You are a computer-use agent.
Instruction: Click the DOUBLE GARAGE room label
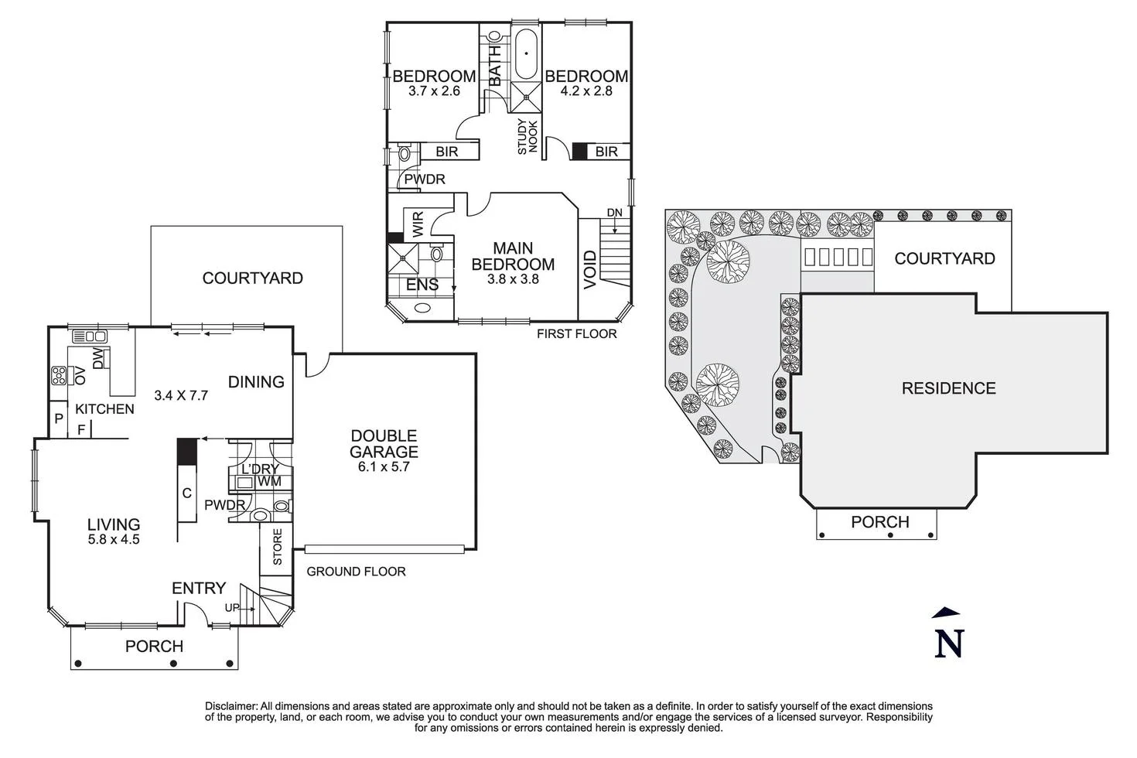tap(384, 444)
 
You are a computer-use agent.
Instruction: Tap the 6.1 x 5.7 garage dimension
tap(384, 466)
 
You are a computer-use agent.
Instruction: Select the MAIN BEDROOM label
tap(513, 256)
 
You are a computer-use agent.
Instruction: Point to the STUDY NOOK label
tap(528, 135)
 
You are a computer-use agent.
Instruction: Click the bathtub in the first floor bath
tap(526, 54)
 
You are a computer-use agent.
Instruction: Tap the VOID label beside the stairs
tap(589, 269)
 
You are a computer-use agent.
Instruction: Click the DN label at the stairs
tap(614, 213)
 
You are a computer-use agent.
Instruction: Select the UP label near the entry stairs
tap(232, 608)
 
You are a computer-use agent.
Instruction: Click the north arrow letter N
tap(949, 643)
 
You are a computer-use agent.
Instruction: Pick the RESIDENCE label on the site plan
tap(948, 388)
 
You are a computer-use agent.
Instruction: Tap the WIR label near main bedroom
tap(418, 225)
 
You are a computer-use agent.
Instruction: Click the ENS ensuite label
tap(422, 285)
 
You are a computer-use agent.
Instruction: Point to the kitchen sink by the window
tap(89, 336)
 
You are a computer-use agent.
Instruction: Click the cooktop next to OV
tap(59, 376)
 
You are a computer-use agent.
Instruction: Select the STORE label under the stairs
tap(278, 546)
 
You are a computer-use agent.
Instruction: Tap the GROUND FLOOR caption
tap(356, 572)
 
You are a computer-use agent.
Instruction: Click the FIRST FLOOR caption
tap(577, 333)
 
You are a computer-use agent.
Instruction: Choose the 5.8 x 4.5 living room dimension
tap(114, 539)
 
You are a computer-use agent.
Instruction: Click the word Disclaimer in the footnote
tap(230, 706)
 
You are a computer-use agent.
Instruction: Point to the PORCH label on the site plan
tap(879, 522)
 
